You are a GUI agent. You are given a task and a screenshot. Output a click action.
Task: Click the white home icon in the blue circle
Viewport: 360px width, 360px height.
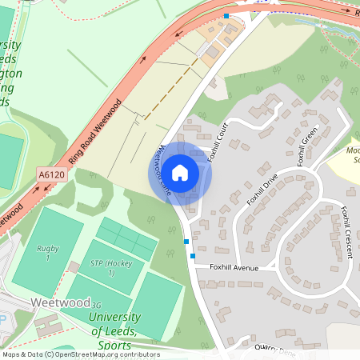click(180, 172)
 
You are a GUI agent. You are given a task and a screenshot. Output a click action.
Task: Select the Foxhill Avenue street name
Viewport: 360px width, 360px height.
click(234, 268)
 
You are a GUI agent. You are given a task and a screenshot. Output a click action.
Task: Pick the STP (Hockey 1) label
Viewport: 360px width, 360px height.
click(102, 268)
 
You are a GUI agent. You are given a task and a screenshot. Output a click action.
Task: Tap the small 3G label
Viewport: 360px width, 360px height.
click(96, 305)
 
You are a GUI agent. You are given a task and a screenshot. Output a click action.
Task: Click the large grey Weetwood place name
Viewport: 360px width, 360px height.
click(58, 303)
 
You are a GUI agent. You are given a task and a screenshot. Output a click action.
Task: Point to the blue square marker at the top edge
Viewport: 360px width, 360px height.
click(226, 16)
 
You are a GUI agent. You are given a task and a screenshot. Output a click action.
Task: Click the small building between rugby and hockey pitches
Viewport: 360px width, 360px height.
click(73, 266)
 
